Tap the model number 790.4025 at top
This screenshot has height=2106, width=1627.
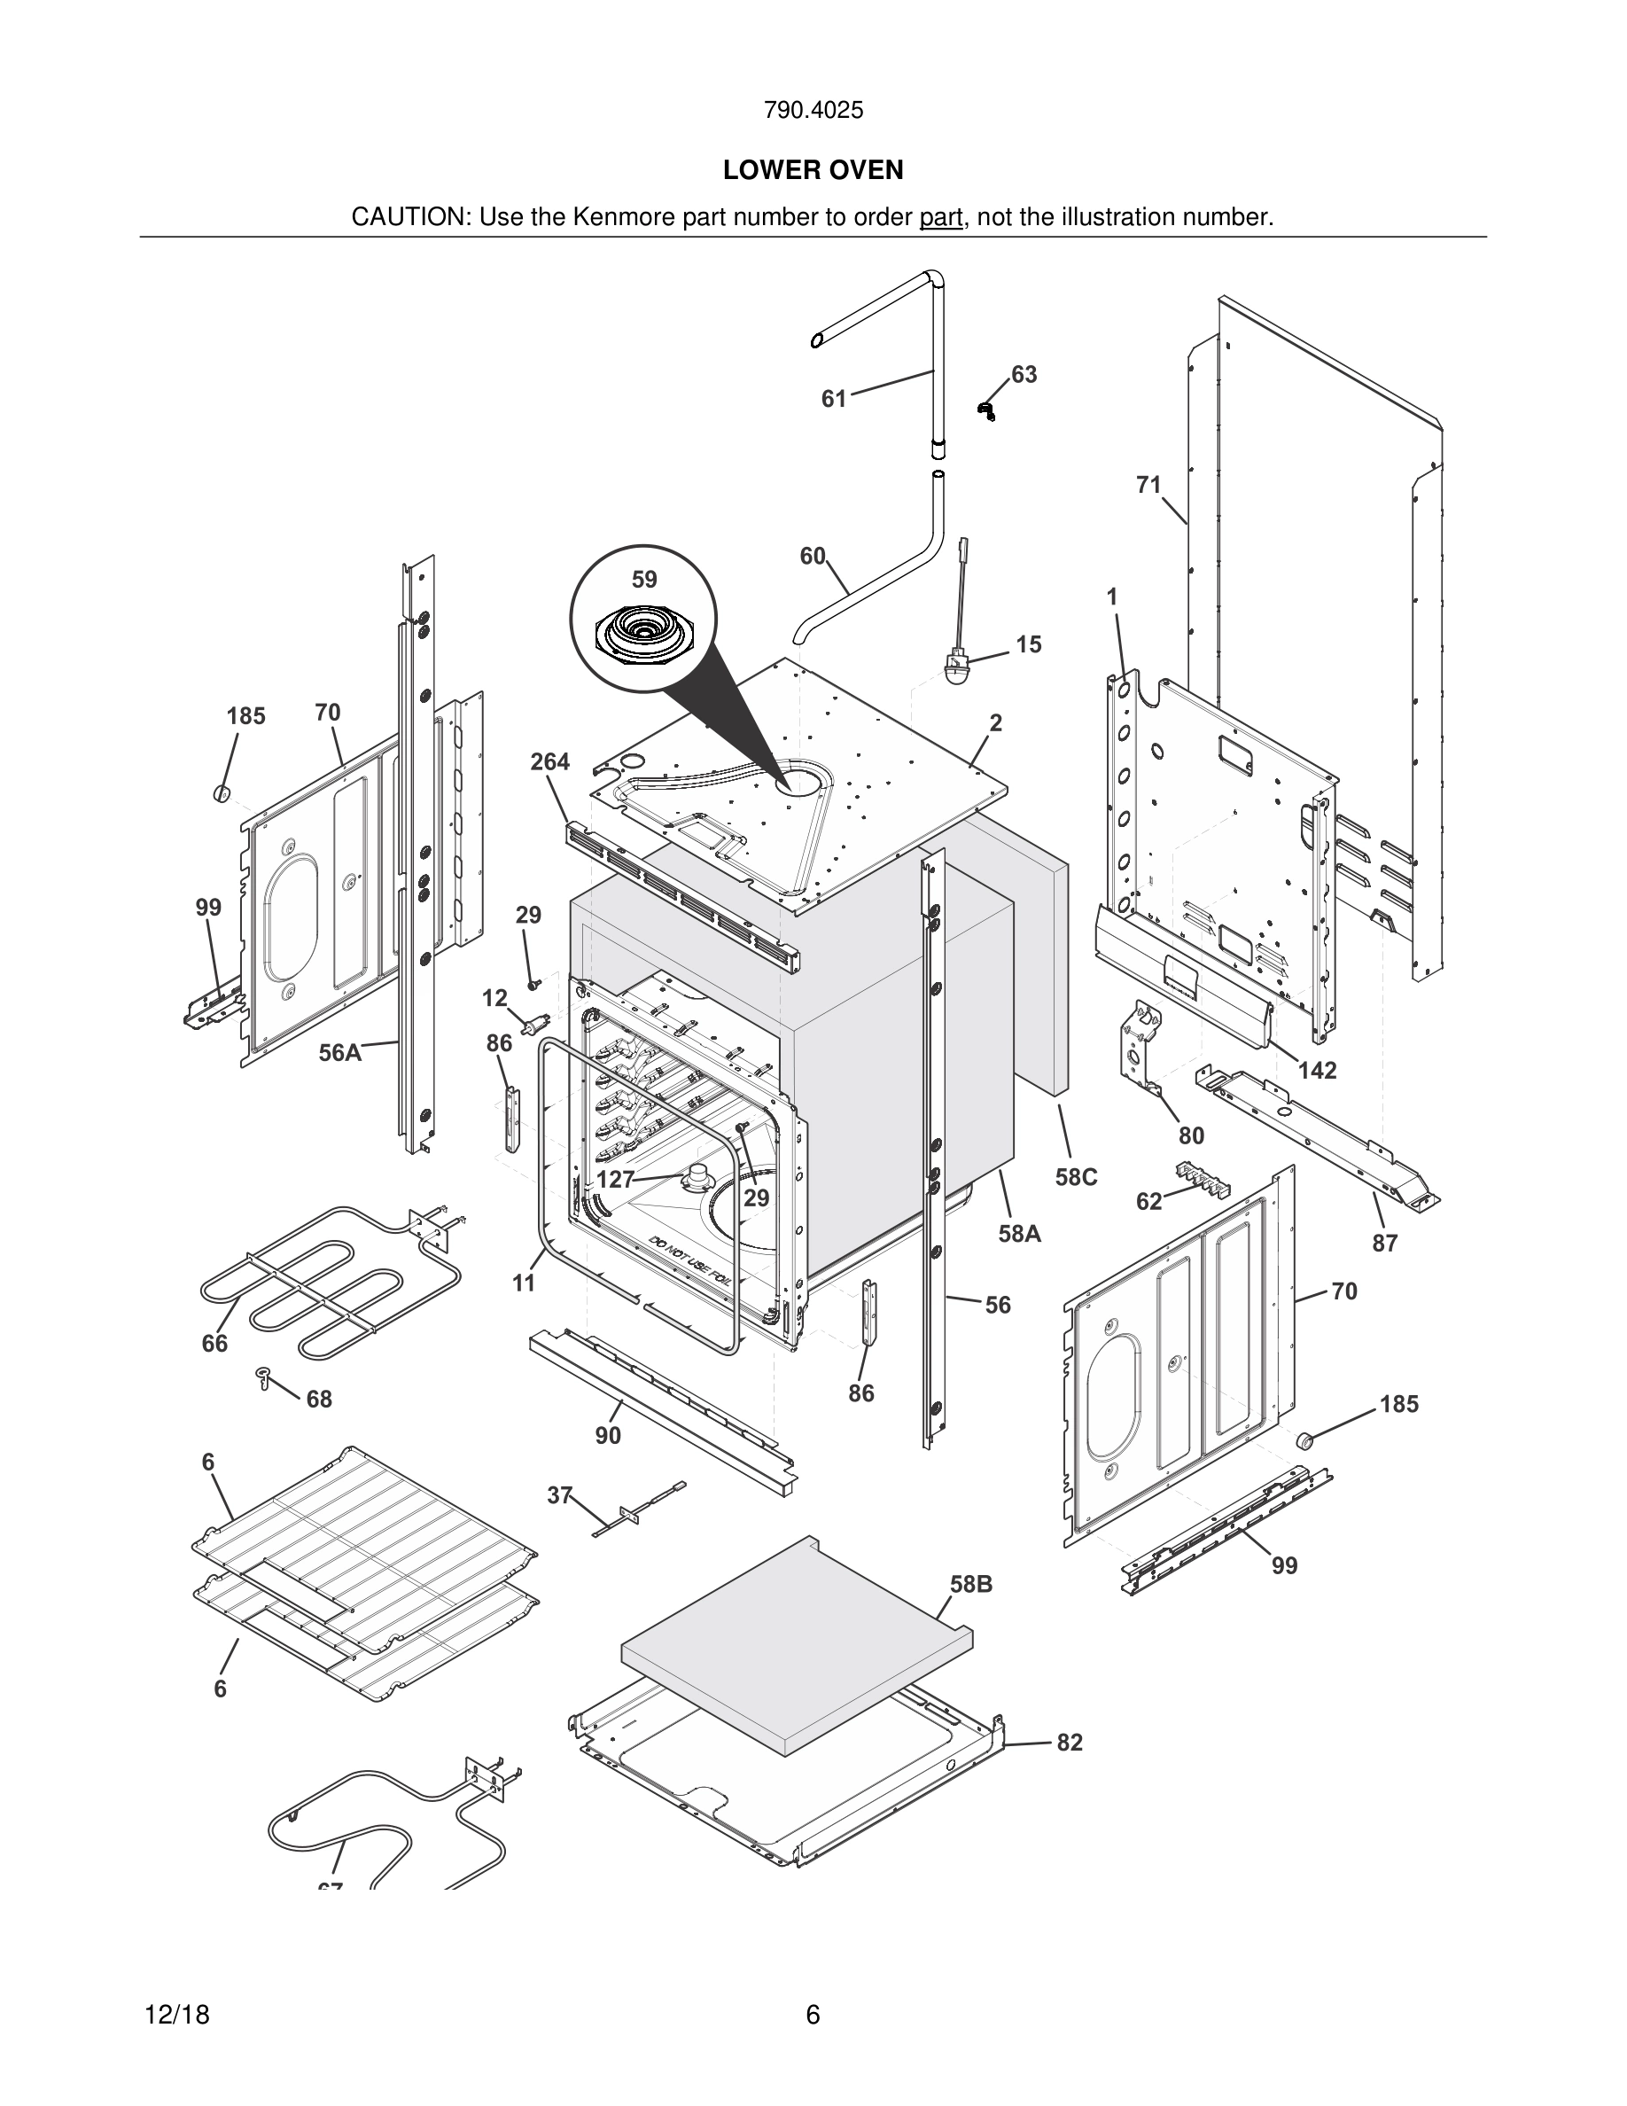click(x=813, y=111)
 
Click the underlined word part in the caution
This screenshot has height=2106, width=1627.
click(x=941, y=218)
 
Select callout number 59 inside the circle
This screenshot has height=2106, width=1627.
click(x=644, y=580)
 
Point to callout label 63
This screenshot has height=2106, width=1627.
click(x=1024, y=374)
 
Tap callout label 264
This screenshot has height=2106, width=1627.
click(x=550, y=761)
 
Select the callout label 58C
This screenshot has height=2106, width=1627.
click(x=1077, y=1177)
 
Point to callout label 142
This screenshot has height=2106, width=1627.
click(x=1317, y=1071)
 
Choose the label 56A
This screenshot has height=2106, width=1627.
click(x=340, y=1052)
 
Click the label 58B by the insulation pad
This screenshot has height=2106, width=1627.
click(x=970, y=1584)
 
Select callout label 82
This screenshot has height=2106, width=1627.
click(x=1070, y=1743)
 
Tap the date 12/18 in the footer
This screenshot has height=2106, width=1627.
click(x=176, y=2015)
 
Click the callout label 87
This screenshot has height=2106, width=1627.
click(x=1385, y=1243)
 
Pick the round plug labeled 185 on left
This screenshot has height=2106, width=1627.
click(x=222, y=793)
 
